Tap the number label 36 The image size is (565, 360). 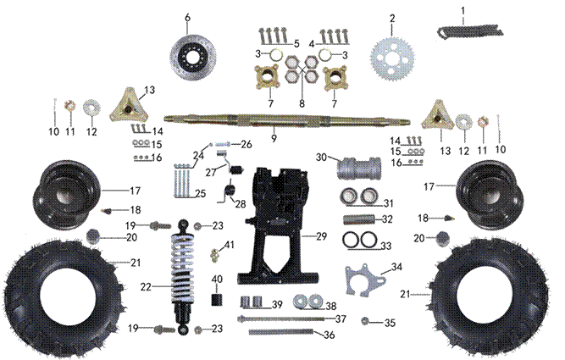(330, 335)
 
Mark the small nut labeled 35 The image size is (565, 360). (365, 322)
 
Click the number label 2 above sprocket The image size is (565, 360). (392, 18)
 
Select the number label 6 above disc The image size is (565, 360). (188, 17)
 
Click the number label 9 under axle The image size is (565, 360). (274, 137)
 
